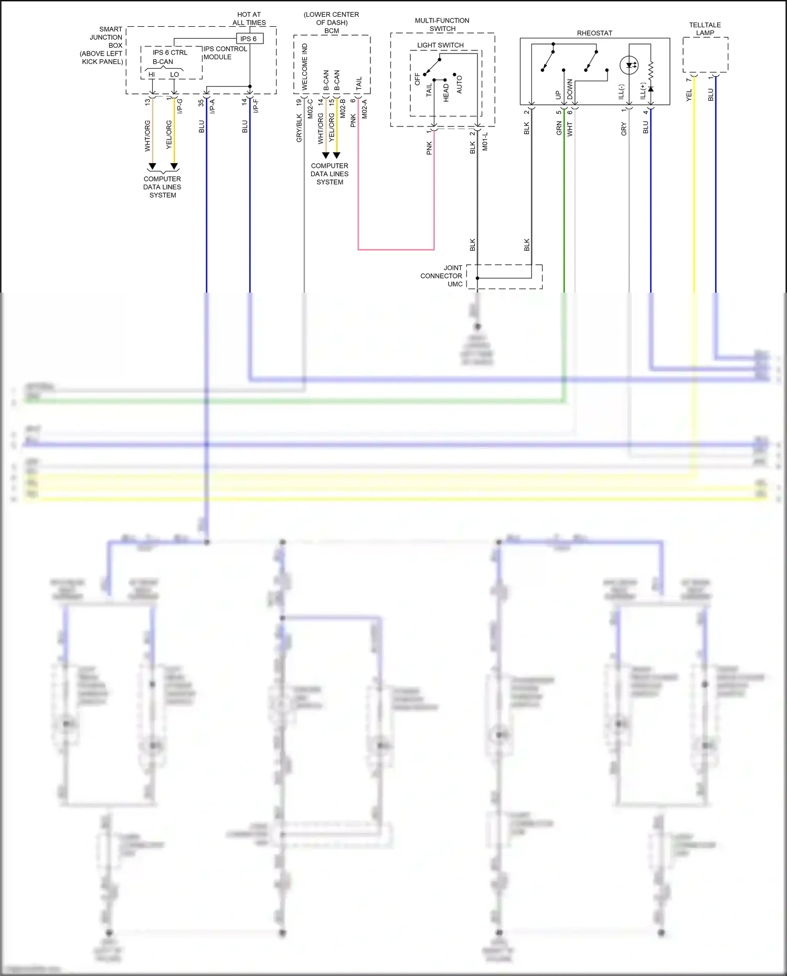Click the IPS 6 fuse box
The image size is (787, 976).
point(249,39)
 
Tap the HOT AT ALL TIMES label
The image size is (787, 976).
point(249,19)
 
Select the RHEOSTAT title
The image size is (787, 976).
point(594,33)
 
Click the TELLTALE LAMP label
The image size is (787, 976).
point(705,29)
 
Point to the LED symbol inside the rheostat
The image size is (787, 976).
point(629,66)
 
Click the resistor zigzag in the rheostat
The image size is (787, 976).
point(651,71)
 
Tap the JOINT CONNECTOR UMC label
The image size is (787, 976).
point(441,276)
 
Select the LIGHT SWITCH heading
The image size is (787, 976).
point(440,45)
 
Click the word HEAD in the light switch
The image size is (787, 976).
point(446,92)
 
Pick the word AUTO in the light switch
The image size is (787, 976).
point(459,84)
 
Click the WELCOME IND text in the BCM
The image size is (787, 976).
point(305,67)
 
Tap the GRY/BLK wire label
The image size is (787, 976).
point(299,128)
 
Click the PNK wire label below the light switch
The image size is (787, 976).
point(429,148)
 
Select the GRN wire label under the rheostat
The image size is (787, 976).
point(559,128)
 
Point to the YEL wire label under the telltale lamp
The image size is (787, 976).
point(689,95)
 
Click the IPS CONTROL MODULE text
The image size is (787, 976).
point(225,53)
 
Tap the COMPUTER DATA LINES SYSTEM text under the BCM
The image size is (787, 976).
point(329,174)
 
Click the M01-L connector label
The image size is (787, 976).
point(485,142)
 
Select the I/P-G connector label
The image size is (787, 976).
point(180,106)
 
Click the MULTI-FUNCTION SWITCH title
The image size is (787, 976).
point(442,25)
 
